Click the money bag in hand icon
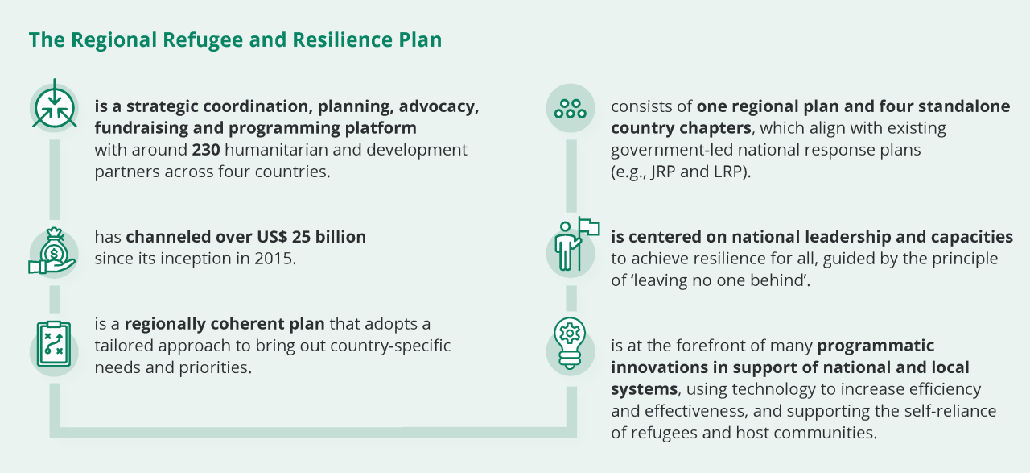52,251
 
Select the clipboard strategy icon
53,343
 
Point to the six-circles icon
571,108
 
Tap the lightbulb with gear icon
570,343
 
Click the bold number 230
206,150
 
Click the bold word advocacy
439,107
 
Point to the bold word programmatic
875,346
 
